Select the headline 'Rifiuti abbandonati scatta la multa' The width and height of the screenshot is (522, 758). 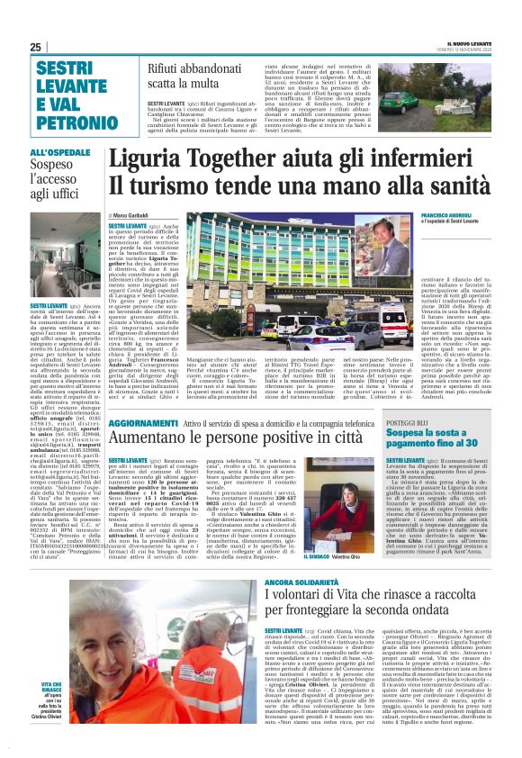pos(196,76)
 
